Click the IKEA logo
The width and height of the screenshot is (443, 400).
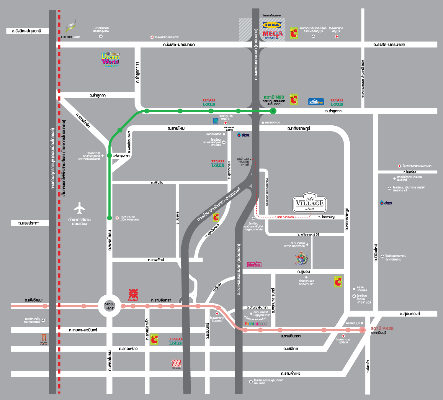tap(272, 25)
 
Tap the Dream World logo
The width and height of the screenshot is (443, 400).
tap(110, 59)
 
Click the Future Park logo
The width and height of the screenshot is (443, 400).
tap(71, 30)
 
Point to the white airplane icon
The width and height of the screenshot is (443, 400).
tap(79, 208)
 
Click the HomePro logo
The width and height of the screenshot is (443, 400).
tap(316, 102)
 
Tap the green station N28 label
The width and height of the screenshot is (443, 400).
tap(274, 97)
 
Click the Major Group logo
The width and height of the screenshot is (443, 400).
tap(44, 339)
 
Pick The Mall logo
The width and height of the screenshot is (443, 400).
tap(176, 364)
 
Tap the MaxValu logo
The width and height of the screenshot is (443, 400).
tap(254, 265)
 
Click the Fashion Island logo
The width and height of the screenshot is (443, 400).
tap(256, 324)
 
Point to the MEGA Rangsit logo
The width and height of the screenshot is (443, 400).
tap(273, 35)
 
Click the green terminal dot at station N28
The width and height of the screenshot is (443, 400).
tap(273, 111)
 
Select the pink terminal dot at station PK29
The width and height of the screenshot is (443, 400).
tap(362, 330)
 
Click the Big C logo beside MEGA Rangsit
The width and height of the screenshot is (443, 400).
tap(294, 33)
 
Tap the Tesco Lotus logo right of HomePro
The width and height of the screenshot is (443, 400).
tap(337, 102)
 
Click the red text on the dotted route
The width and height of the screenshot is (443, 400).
tap(285, 217)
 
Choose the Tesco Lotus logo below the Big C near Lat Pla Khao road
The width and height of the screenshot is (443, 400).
tap(175, 341)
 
